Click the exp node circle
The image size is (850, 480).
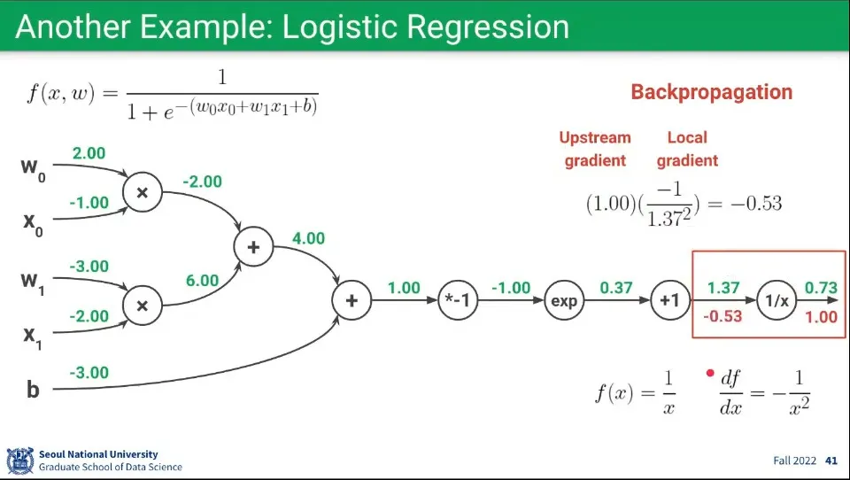coord(564,301)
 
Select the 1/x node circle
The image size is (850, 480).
coord(777,301)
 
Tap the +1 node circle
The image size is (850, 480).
coord(669,301)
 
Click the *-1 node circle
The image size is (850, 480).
coord(459,301)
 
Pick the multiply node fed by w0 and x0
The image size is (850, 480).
coord(142,192)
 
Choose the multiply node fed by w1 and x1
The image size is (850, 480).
coord(142,306)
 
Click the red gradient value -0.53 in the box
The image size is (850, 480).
coord(723,316)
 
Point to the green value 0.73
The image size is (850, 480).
coord(820,288)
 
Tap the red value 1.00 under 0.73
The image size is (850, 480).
coord(820,316)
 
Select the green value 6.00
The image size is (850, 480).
coord(202,280)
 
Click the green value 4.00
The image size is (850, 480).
coord(308,238)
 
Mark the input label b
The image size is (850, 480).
coord(33,388)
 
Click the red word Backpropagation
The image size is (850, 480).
coord(711,92)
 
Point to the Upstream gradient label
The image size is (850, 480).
coord(595,149)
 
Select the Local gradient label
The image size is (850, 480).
coord(687,149)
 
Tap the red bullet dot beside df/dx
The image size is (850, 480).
coord(709,374)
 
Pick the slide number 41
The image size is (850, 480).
coord(831,461)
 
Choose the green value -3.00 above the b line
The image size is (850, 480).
coord(89,373)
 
